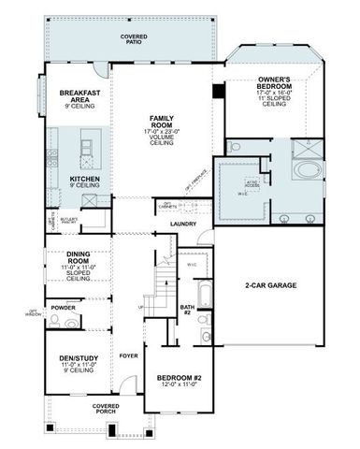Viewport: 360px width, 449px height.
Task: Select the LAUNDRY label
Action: click(183, 224)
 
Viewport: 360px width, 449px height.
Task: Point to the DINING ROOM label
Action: click(83, 257)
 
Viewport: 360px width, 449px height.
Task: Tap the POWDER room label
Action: click(65, 306)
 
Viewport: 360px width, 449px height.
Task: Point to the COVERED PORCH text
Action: click(105, 410)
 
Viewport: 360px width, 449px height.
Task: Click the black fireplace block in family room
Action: click(218, 91)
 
